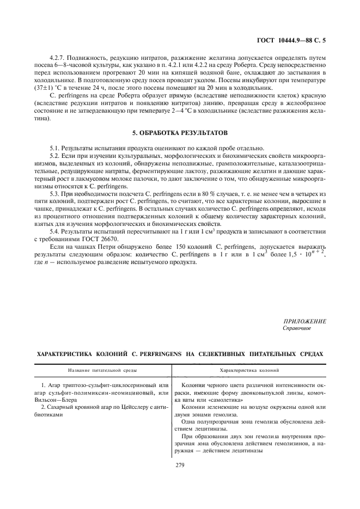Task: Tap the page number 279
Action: pyautogui.click(x=180, y=464)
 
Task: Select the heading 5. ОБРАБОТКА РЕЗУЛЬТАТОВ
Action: pyautogui.click(x=180, y=132)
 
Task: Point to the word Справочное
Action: pyautogui.click(x=297, y=328)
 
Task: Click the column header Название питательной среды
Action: pyautogui.click(x=102, y=370)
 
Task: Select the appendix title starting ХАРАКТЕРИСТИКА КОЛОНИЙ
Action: pyautogui.click(x=180, y=354)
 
